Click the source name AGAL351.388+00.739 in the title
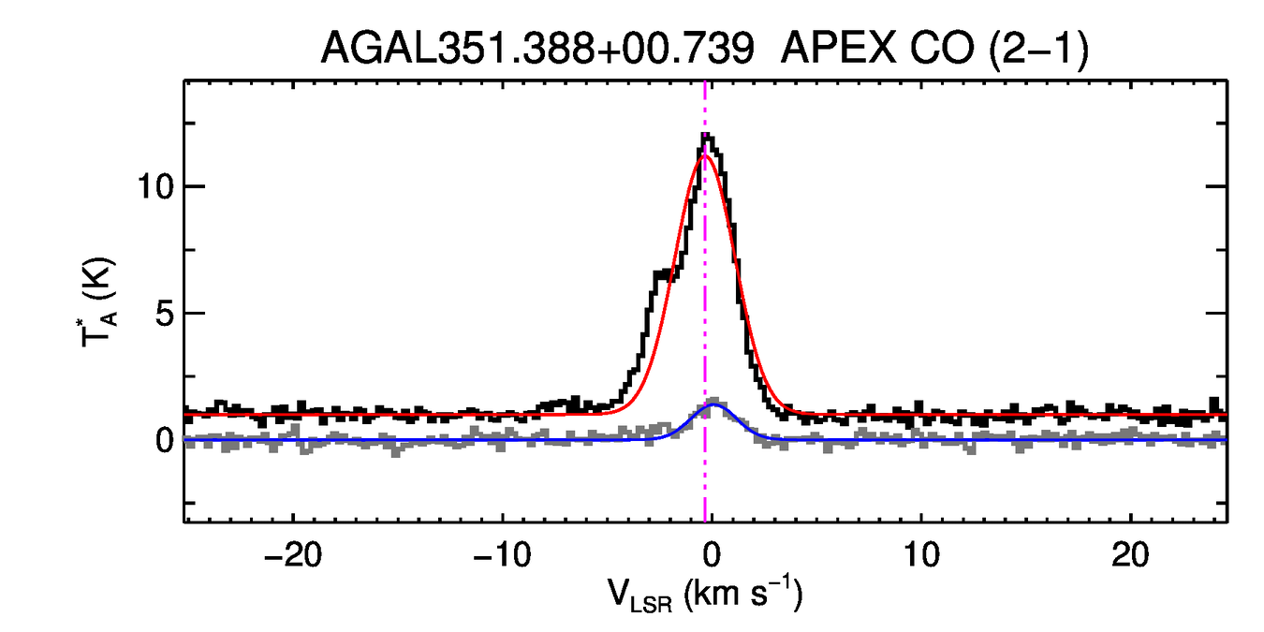point(537,48)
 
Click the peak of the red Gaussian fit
point(704,156)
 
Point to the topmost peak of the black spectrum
point(705,136)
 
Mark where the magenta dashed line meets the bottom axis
point(705,521)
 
